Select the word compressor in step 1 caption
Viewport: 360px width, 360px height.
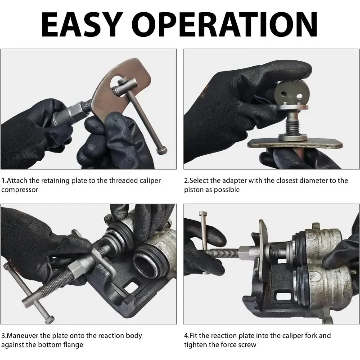click(20, 190)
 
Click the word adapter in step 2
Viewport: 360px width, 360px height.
click(234, 181)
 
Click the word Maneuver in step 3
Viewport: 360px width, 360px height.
click(22, 336)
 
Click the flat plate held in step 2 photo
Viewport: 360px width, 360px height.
click(295, 144)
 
